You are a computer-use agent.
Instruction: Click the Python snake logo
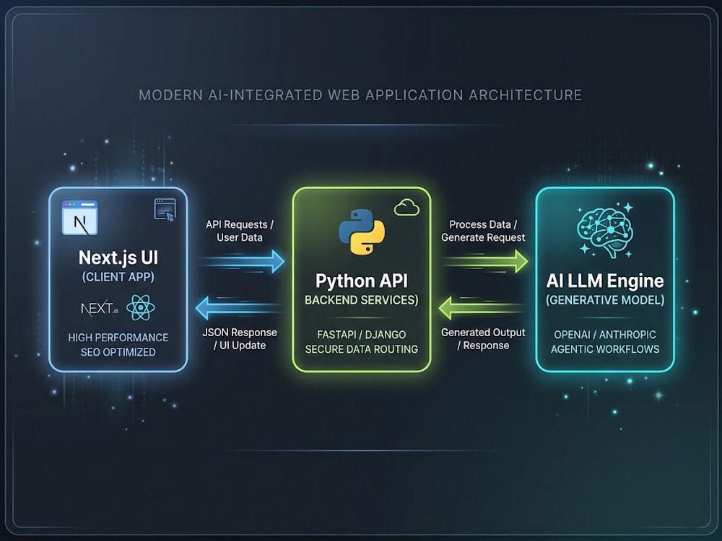tap(362, 232)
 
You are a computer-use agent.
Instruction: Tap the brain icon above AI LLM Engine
tap(605, 229)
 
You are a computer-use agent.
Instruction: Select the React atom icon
tap(141, 308)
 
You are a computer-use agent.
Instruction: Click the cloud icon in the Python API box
tap(406, 208)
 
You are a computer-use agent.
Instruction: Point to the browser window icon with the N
tap(79, 218)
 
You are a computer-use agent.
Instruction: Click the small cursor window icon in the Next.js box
tap(165, 210)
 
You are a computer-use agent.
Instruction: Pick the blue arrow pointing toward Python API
tap(242, 261)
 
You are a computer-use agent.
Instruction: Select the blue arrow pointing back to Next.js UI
tap(239, 308)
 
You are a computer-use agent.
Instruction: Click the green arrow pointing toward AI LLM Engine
tap(484, 261)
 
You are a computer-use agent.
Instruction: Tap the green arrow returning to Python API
tap(481, 308)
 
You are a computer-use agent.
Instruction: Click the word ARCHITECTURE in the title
tap(526, 94)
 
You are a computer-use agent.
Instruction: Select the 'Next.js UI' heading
tap(118, 258)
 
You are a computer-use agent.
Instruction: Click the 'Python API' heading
tap(362, 281)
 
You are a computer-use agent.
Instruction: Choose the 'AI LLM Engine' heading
tap(605, 281)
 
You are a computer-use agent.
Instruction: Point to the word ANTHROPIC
tap(627, 335)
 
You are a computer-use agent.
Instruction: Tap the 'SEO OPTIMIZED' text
tap(118, 352)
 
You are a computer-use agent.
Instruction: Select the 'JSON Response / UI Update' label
tap(240, 338)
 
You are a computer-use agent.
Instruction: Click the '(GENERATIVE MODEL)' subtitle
tap(605, 300)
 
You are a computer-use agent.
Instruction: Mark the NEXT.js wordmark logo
tap(100, 308)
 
